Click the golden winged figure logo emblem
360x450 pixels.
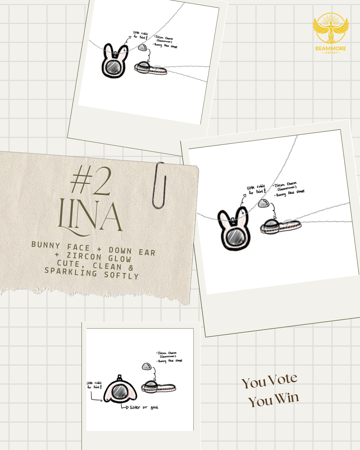pos(331,28)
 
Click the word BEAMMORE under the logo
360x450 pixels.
pos(331,48)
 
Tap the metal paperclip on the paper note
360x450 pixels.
pos(159,185)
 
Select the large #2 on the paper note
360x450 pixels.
pos(91,182)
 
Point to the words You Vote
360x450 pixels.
pos(269,381)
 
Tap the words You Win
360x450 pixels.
pos(273,399)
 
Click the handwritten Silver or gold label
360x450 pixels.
pos(144,407)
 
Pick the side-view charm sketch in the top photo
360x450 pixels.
pos(150,69)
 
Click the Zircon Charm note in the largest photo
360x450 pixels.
pos(285,185)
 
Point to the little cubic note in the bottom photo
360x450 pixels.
pos(94,385)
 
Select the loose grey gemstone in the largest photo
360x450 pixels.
pos(263,203)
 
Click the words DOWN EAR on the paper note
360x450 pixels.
pos(132,251)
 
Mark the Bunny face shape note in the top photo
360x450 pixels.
pos(166,45)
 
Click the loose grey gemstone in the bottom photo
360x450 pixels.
pos(146,367)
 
